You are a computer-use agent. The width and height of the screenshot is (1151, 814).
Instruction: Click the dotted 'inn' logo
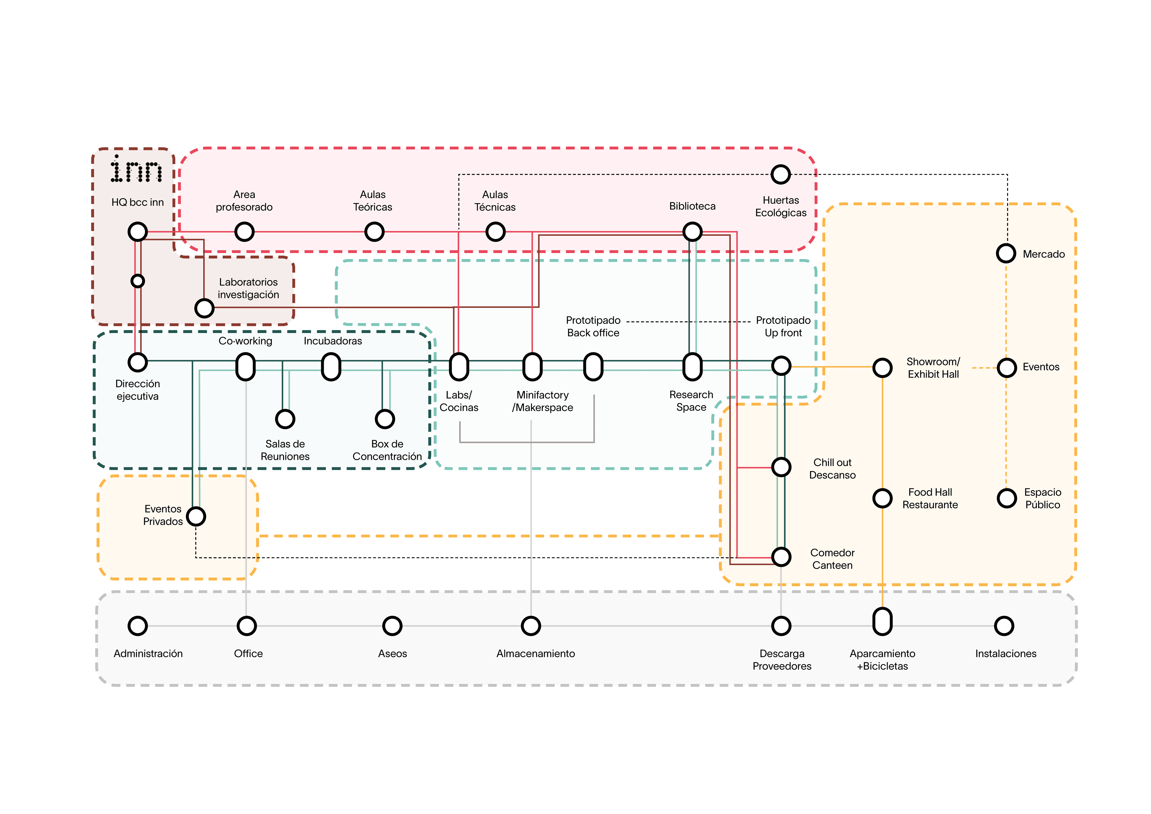coord(136,169)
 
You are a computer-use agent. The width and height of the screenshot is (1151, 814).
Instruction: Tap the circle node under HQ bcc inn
coord(138,231)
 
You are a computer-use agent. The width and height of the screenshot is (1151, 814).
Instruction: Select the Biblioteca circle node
coord(692,231)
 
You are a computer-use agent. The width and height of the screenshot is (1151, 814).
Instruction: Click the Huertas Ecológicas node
coord(781,174)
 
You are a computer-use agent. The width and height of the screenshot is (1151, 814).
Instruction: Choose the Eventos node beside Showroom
coord(1007,368)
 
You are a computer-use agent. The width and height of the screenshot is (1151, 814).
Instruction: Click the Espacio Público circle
coord(1007,498)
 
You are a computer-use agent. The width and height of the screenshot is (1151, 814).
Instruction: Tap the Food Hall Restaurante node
coord(882,498)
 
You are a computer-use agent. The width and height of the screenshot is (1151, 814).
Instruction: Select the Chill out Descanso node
coord(781,467)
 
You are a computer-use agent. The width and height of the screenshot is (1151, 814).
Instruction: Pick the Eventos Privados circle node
coord(196,516)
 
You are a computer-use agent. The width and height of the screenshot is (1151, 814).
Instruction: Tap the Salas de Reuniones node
coord(285,419)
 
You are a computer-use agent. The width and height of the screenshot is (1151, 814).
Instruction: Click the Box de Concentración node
coord(385,419)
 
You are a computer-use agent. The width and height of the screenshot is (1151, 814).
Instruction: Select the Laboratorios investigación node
coord(204,308)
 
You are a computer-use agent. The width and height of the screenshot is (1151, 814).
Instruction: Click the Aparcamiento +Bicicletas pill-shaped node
coord(882,622)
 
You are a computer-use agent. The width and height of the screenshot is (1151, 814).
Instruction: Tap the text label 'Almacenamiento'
coord(535,654)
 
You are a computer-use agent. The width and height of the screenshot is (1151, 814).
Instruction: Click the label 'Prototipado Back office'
coord(593,326)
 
